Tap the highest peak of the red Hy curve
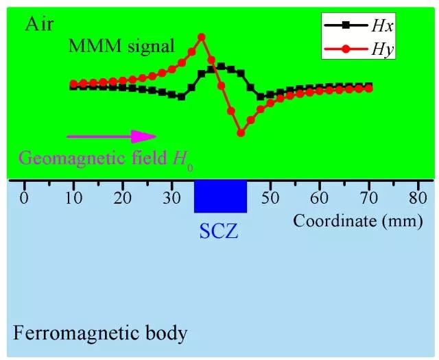[x=202, y=37]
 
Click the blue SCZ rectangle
[x=220, y=196]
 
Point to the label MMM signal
[x=121, y=47]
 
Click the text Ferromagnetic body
[x=100, y=335]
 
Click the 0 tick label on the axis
[x=25, y=200]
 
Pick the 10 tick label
[x=73, y=200]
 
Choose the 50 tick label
[x=270, y=200]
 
